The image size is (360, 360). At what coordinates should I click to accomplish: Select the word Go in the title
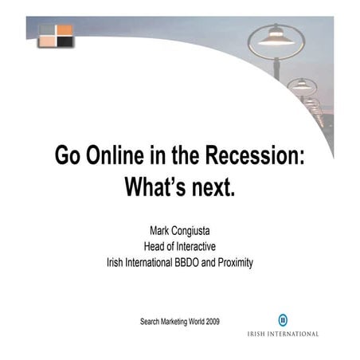pos(68,155)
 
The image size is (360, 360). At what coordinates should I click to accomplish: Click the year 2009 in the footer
pos(209,322)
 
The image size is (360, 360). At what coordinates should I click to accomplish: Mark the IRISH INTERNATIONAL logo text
pos(283,334)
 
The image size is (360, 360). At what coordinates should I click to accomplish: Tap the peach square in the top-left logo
pos(48,41)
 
